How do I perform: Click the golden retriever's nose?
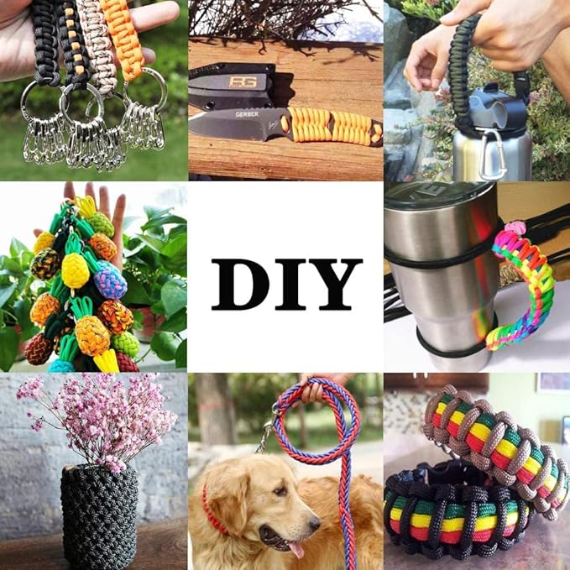(315, 524)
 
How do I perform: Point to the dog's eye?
(280, 491)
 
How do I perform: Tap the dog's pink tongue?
(295, 550)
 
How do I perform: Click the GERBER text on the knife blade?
(247, 114)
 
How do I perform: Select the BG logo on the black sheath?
(243, 81)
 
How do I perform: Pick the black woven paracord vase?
(99, 516)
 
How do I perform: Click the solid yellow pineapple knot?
(76, 270)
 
